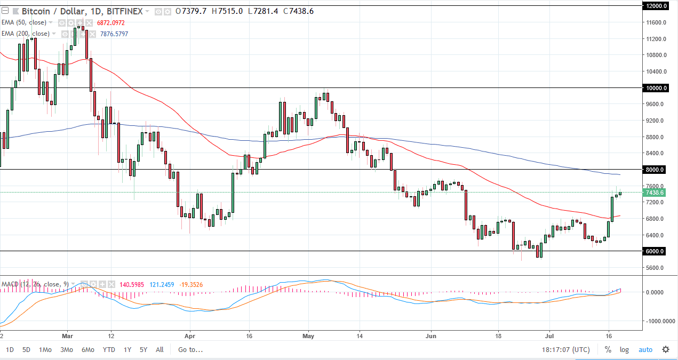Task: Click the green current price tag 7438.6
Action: point(655,192)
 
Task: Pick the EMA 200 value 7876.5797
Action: point(110,34)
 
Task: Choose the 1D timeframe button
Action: point(10,350)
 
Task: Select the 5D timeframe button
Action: point(26,350)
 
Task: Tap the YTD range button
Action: point(109,350)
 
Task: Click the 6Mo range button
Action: point(88,350)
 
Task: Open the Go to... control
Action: point(190,350)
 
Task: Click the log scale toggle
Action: point(624,350)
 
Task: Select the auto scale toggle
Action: point(645,350)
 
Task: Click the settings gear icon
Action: point(666,350)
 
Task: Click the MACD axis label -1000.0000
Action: point(657,321)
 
